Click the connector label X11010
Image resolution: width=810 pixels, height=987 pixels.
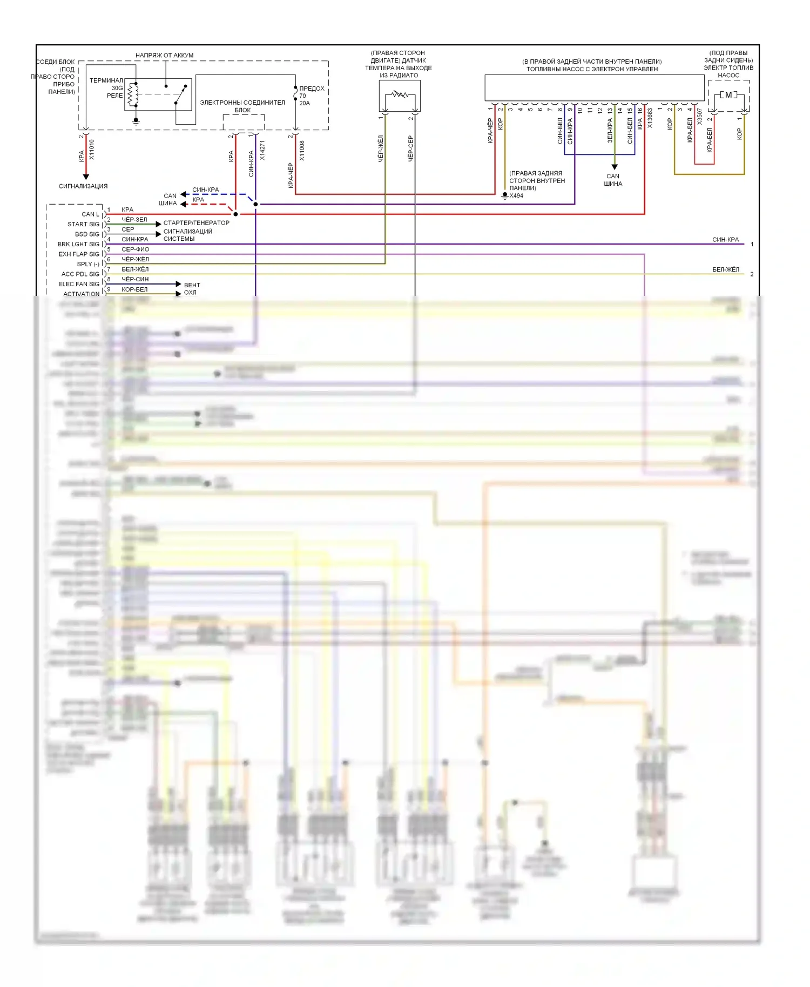(91, 150)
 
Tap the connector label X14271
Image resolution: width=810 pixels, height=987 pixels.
(262, 150)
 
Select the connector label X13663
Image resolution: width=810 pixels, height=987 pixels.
(650, 118)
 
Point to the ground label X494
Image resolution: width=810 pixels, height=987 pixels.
(516, 195)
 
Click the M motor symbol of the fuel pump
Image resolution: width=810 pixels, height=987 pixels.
(728, 95)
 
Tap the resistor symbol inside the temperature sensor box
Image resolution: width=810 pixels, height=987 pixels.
(400, 94)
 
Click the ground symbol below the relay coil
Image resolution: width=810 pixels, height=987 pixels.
(136, 121)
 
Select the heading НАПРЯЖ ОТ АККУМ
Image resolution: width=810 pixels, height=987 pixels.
(164, 55)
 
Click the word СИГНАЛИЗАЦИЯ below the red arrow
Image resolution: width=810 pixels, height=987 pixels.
(83, 186)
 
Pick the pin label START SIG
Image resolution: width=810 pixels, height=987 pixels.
(83, 224)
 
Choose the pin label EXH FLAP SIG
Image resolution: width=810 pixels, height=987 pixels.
(79, 254)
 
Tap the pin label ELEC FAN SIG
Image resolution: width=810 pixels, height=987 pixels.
(79, 284)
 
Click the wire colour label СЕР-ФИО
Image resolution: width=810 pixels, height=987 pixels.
(135, 249)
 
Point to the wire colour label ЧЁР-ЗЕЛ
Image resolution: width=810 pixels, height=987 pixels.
(134, 220)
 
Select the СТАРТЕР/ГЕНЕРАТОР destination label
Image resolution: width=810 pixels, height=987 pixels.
(196, 222)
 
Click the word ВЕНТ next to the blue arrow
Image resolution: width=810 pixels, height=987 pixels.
(192, 285)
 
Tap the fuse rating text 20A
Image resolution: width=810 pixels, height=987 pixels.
(305, 103)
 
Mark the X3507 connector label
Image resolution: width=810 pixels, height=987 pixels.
(699, 116)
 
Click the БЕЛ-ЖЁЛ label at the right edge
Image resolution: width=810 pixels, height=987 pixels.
(725, 269)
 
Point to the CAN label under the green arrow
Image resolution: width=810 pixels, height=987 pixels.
(612, 176)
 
